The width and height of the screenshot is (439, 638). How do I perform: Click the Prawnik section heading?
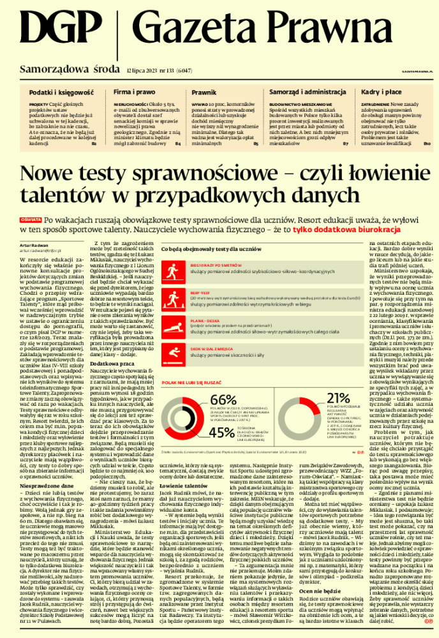click(x=204, y=93)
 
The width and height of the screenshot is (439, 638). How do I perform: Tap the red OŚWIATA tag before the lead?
click(x=31, y=219)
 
